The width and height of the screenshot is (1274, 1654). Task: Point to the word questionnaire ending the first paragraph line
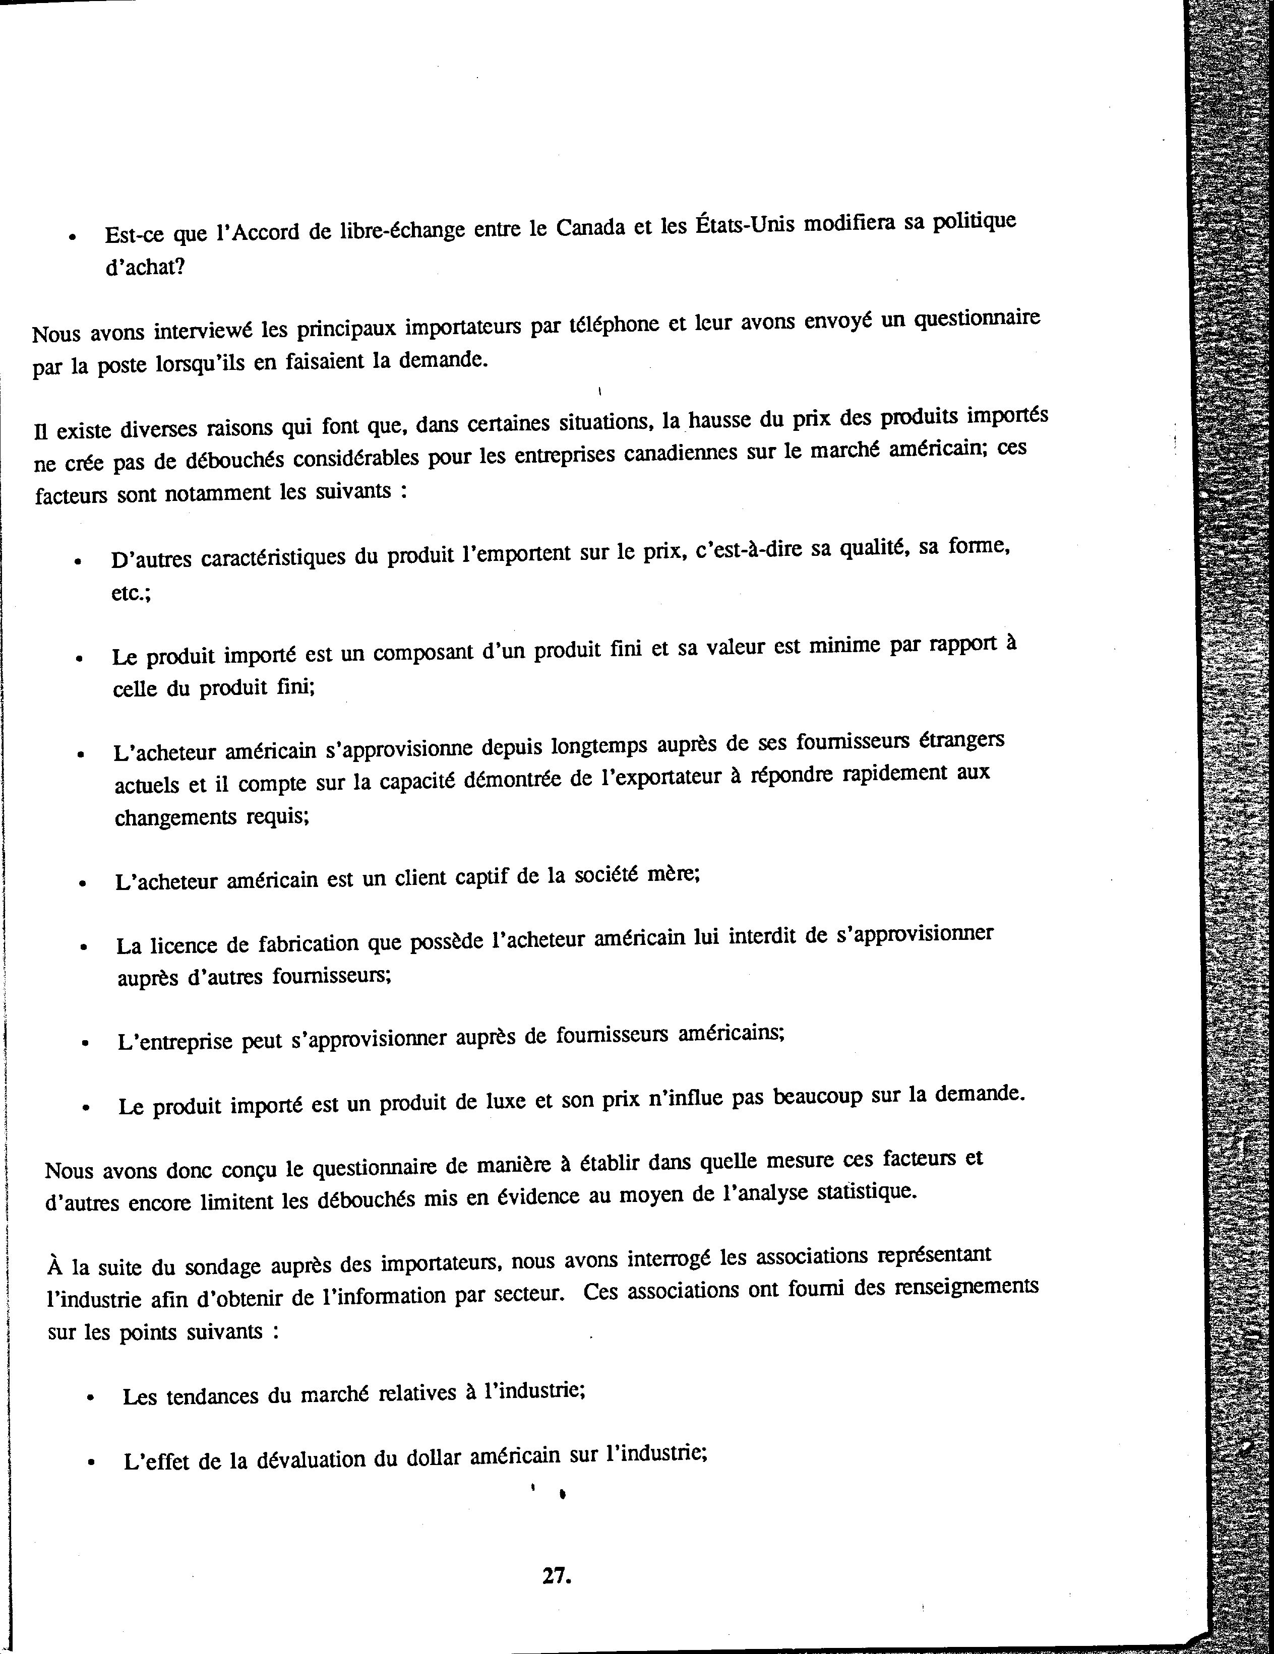[x=977, y=319]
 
